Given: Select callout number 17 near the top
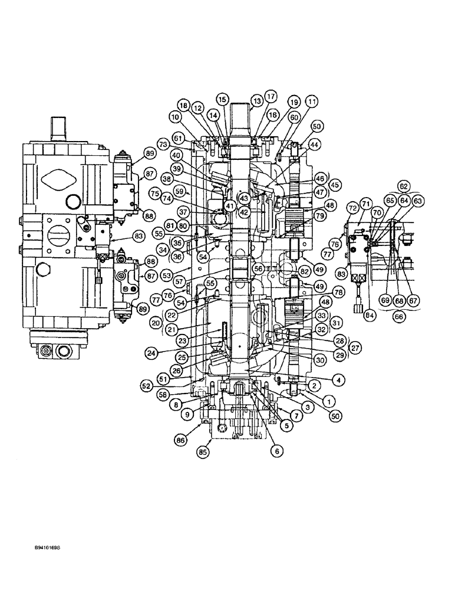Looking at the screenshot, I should click(x=271, y=96).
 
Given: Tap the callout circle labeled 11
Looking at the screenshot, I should click(x=312, y=101).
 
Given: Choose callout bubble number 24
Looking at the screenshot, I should click(x=152, y=353).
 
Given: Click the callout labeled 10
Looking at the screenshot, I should click(x=176, y=117).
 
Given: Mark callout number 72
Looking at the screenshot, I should click(x=352, y=208).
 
